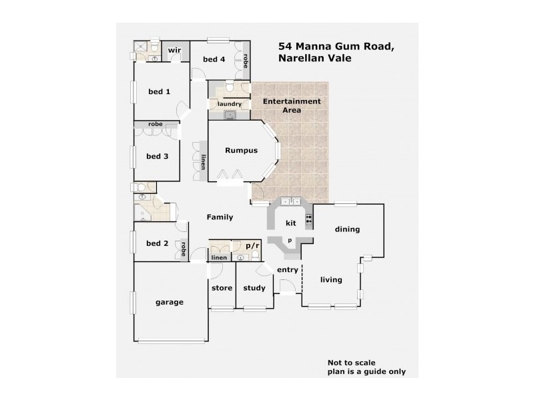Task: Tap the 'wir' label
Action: coord(175,51)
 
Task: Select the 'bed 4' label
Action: coord(214,60)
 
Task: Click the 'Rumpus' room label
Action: coord(241,151)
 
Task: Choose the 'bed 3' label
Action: coord(157,157)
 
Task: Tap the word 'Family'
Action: coord(220,217)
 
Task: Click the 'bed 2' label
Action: coord(157,243)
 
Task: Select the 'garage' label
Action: coord(170,302)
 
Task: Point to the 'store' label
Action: coord(222,288)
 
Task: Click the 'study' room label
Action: coord(254,288)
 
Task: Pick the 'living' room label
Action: coord(331,280)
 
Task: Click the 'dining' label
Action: coord(347,229)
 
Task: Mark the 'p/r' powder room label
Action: coord(252,246)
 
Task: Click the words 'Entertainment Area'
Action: coord(291,105)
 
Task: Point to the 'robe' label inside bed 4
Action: coord(246,61)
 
